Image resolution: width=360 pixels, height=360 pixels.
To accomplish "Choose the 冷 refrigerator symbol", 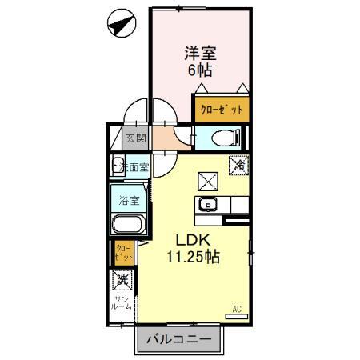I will click(239, 165).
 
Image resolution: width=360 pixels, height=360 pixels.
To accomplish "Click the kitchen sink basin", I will click(210, 205).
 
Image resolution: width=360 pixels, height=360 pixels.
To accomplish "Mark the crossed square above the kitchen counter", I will click(208, 181).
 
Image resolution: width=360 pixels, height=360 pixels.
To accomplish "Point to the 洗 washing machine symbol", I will click(122, 279).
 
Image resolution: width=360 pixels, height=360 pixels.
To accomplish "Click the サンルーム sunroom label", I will click(122, 303).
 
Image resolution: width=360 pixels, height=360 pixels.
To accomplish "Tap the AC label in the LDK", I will click(237, 308).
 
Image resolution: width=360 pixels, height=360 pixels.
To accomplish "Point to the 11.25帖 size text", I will click(193, 257).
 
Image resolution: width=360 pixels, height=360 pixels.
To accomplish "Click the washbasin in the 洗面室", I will click(115, 168).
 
